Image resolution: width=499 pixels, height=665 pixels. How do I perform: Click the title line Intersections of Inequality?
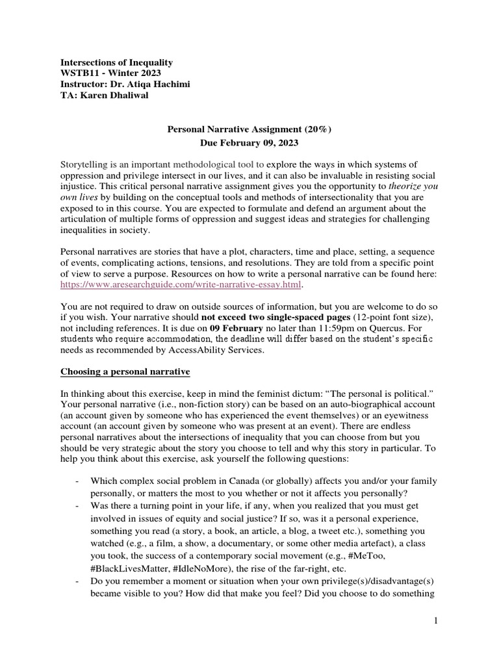click(x=117, y=62)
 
